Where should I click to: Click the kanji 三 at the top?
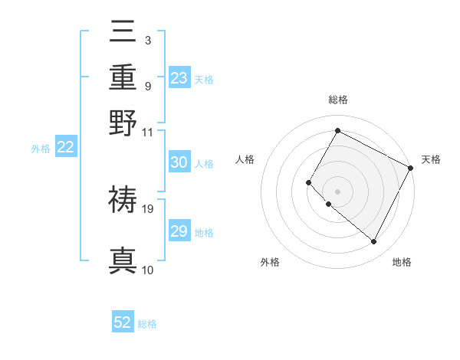coord(123,34)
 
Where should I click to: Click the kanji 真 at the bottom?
coord(123,260)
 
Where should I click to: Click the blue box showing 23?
coord(179,78)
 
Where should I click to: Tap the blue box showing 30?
coord(179,162)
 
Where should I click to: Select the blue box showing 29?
coord(179,231)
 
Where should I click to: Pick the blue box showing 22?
coord(65,148)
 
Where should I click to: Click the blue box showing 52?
coord(123,323)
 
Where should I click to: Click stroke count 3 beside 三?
coord(147,40)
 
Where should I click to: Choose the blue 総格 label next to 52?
coord(147,324)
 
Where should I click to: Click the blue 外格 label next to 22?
coord(40,149)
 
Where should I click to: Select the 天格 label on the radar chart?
coord(431,159)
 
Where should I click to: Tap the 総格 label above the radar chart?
coord(337,100)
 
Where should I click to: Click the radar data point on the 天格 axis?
coord(411,168)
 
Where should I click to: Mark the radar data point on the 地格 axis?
coord(374,242)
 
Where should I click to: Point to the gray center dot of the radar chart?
coord(337,191)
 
